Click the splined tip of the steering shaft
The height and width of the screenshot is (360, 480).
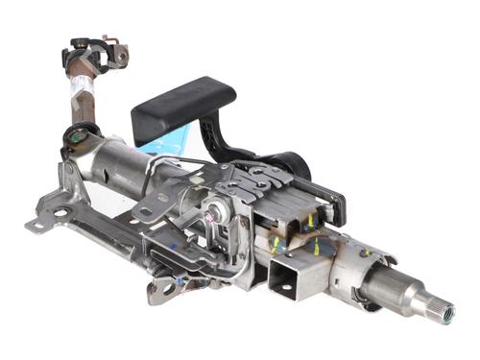coord(444,309)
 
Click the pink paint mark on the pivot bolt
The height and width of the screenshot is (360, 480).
coord(214,220)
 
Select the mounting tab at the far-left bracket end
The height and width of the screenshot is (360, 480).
coord(37,225)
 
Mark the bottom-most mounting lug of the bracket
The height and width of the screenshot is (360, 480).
coord(164,289)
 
